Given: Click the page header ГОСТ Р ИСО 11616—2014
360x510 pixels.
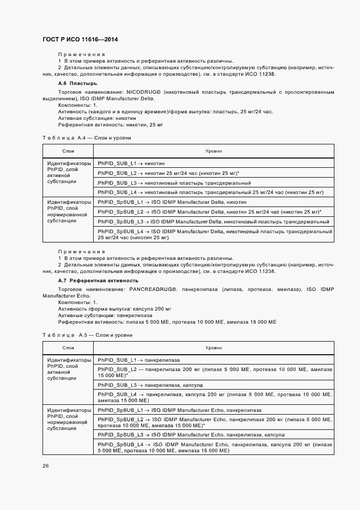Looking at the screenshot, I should tap(80, 40).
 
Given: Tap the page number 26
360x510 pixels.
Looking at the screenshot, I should tap(45, 465).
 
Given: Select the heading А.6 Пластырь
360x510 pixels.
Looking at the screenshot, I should tap(77, 83).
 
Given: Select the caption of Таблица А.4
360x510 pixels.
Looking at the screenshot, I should tap(87, 138).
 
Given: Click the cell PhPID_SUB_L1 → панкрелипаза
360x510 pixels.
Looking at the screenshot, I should tap(139, 360).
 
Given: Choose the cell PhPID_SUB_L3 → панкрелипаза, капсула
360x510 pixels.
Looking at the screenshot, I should tap(150, 385).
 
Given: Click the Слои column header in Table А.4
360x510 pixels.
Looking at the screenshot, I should tap(69, 150).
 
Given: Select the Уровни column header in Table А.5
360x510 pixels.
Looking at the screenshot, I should tap(213, 347).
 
